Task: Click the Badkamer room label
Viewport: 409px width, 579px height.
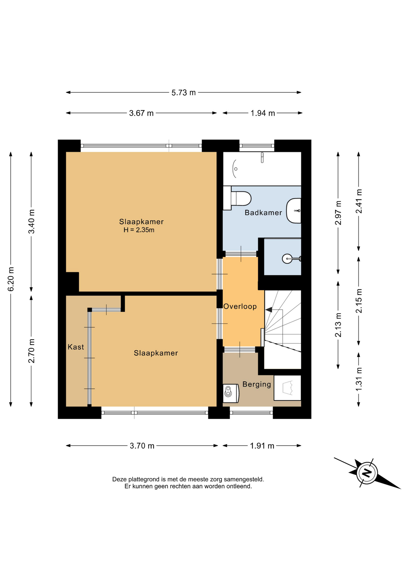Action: (x=263, y=213)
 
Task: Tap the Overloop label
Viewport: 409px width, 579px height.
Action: (x=240, y=306)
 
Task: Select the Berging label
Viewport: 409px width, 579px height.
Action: (x=257, y=384)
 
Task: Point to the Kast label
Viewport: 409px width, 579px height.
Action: (x=76, y=347)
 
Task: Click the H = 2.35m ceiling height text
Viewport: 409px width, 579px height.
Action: (x=139, y=230)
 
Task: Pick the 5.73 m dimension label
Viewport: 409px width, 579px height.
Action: (x=183, y=93)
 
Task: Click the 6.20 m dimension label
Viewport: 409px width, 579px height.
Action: (x=11, y=279)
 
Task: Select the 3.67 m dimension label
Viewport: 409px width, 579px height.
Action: (x=141, y=113)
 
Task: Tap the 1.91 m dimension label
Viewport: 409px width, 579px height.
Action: (x=262, y=446)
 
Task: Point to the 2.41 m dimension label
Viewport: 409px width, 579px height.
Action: (x=359, y=201)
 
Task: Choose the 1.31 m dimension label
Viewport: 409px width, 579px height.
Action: (x=359, y=379)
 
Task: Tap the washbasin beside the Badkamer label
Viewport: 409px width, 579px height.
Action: (x=294, y=211)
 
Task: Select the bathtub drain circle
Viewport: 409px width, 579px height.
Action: (x=236, y=169)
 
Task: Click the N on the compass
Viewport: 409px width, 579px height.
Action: (x=367, y=473)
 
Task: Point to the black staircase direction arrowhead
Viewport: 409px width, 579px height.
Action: (x=268, y=309)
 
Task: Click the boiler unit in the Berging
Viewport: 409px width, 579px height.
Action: (x=231, y=393)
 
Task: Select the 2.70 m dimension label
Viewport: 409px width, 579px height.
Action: (x=31, y=351)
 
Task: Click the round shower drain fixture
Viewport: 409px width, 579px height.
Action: (x=287, y=258)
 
